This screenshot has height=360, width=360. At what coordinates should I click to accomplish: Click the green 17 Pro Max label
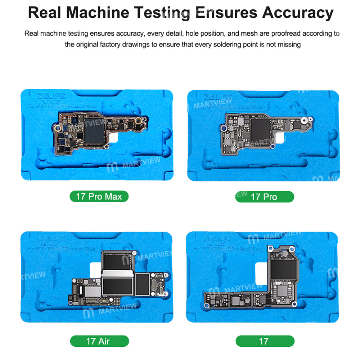tap(99, 197)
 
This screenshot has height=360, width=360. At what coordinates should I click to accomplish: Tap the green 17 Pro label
tap(264, 197)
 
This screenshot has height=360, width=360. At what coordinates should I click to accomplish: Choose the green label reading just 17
tap(264, 341)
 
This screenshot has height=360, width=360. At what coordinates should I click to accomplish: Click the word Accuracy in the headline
tap(297, 13)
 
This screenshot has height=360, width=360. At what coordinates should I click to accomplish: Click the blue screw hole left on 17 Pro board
tap(223, 127)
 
